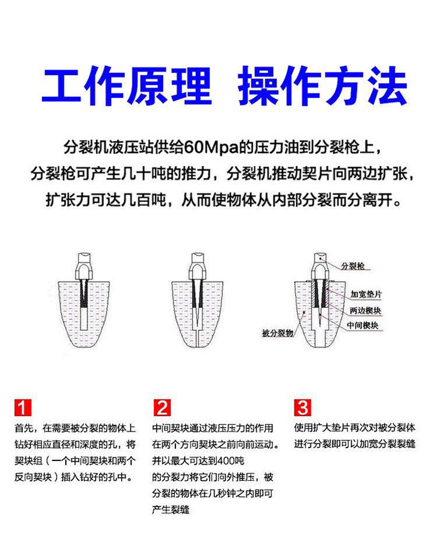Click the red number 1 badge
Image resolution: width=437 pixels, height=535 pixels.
click(23, 407)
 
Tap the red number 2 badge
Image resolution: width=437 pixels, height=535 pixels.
click(162, 407)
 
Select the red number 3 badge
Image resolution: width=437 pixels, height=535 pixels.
click(302, 407)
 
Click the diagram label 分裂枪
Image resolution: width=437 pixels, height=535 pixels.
click(353, 266)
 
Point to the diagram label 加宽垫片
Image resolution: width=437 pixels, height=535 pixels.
click(366, 294)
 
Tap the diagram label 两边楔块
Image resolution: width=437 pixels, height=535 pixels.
click(365, 310)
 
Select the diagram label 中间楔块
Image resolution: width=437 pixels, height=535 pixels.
click(362, 325)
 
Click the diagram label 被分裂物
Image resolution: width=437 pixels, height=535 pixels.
click(277, 333)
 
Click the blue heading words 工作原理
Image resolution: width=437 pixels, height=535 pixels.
click(126, 85)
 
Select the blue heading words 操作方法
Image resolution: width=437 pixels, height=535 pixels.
click(322, 85)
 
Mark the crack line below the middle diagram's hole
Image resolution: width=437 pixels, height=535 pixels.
click(198, 339)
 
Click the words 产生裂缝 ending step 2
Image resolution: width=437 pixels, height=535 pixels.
click(171, 510)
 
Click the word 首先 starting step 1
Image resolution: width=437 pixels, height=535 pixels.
click(24, 428)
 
